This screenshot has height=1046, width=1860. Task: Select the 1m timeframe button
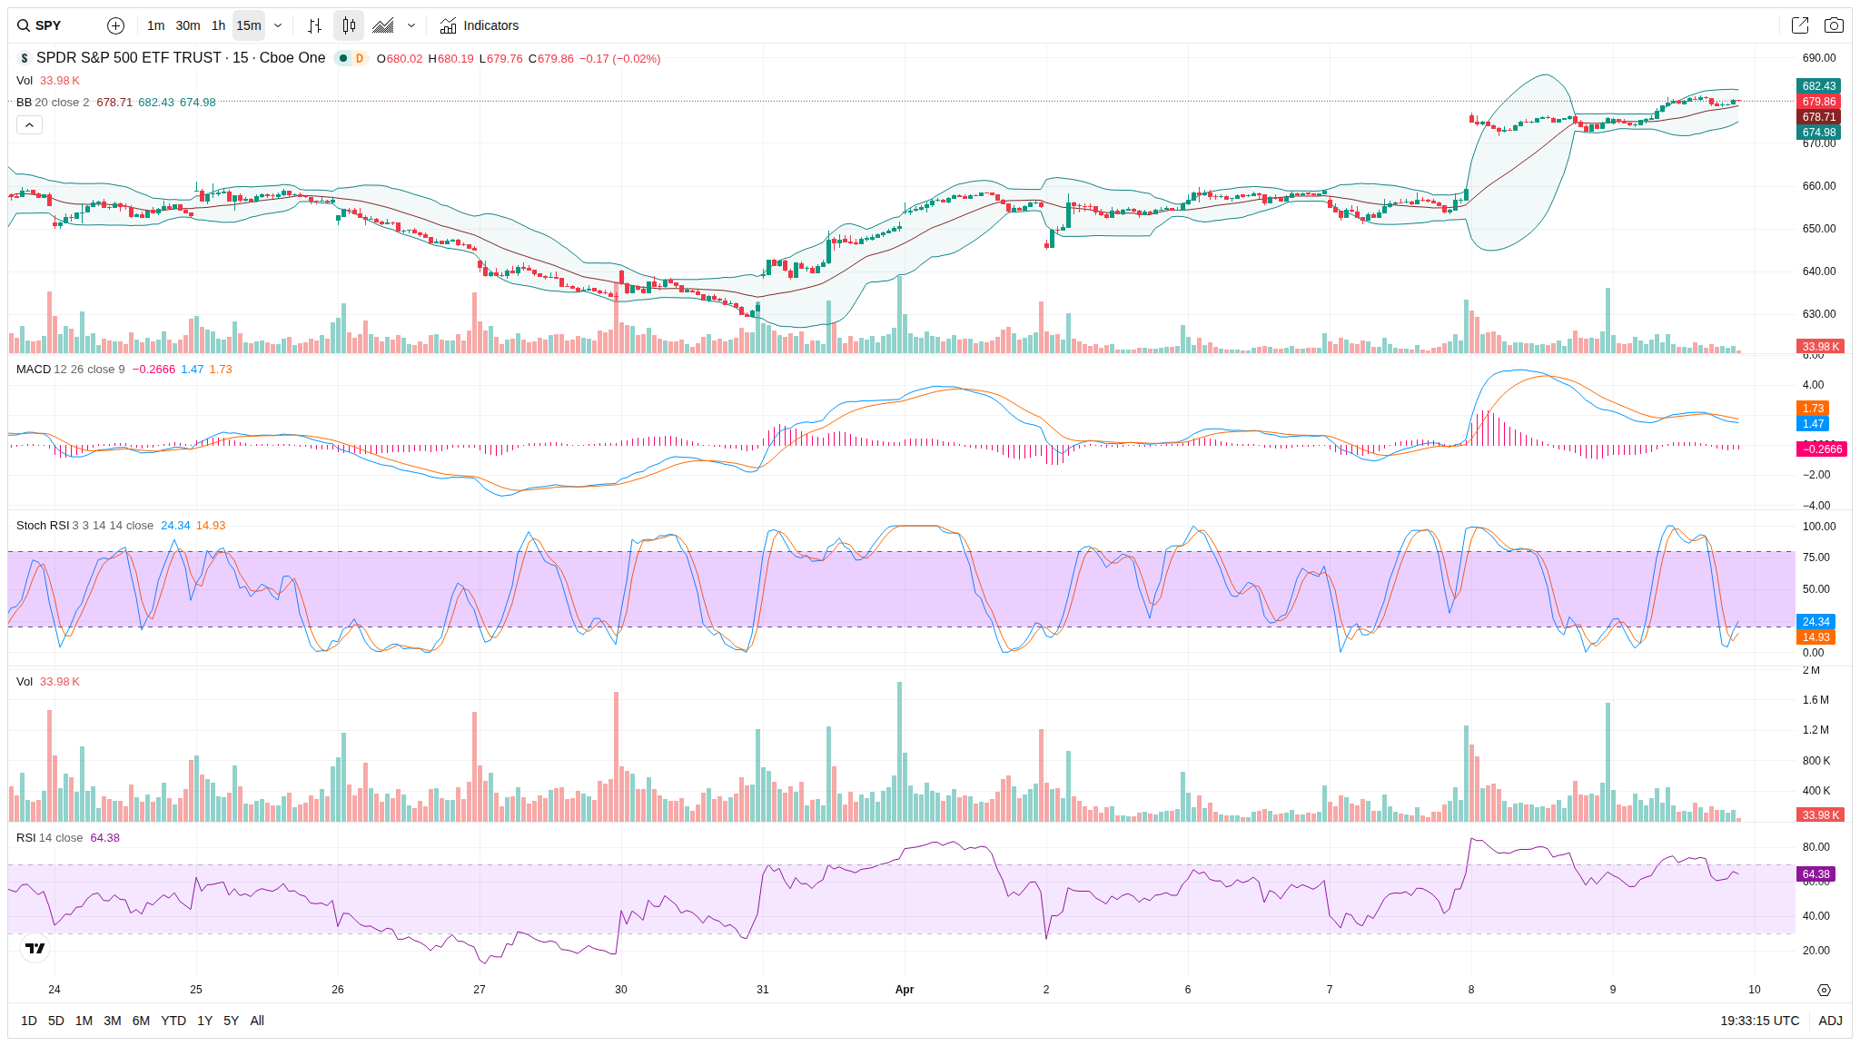tap(155, 25)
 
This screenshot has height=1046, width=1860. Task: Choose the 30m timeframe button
tap(187, 25)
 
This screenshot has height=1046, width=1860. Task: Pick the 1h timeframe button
tap(218, 25)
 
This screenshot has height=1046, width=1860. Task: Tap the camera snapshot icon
tap(1834, 25)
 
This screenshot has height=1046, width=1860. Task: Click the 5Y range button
tap(231, 1021)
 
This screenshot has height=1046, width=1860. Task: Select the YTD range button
tap(173, 1021)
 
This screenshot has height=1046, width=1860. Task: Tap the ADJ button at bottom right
tap(1830, 1021)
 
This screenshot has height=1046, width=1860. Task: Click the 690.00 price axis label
tap(1818, 58)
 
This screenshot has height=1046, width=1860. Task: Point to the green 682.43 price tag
tap(1818, 86)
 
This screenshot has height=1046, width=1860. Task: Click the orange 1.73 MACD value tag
tap(1813, 409)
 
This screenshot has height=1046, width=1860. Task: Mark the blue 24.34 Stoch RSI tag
tap(1815, 622)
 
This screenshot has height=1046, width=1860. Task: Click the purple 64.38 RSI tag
tap(1815, 874)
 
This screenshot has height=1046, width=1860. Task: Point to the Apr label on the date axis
tap(904, 990)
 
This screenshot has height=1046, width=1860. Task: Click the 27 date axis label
tap(480, 990)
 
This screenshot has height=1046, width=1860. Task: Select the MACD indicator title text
tap(34, 370)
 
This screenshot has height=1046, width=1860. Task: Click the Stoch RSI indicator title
tap(43, 526)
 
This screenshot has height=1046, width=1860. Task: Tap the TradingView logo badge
tap(35, 948)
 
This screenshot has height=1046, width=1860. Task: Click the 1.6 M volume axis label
tap(1815, 700)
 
